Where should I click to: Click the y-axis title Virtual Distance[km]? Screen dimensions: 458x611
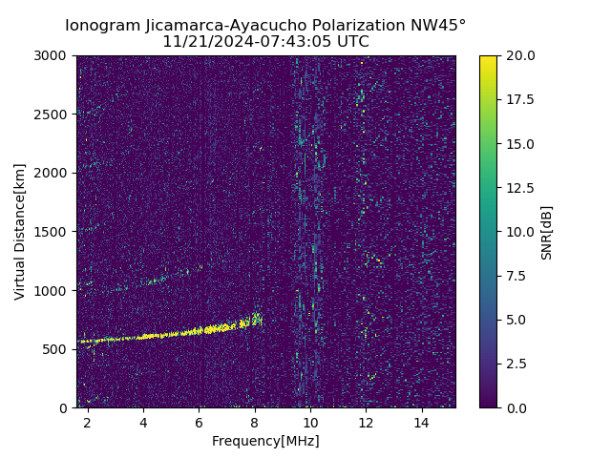(x=20, y=231)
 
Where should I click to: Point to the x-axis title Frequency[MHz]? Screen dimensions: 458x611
(x=265, y=441)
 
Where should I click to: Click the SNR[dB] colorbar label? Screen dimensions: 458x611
(x=547, y=232)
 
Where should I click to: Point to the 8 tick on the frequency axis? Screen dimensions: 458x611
(x=255, y=423)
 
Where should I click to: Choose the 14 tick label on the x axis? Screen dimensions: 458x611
(x=421, y=423)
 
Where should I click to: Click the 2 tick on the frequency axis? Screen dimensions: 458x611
(x=88, y=423)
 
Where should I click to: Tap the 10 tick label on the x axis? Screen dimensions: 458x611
(x=310, y=423)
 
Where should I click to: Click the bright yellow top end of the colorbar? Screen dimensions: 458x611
(x=488, y=59)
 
